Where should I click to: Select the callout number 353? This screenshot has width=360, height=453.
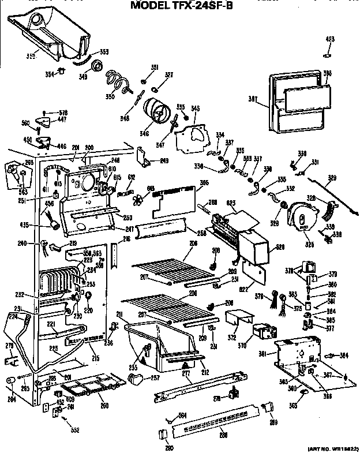[x=104, y=51]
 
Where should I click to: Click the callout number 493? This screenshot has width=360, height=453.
[x=329, y=39]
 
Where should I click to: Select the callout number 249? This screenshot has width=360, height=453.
[x=164, y=160]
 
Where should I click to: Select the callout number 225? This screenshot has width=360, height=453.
[x=53, y=348]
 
